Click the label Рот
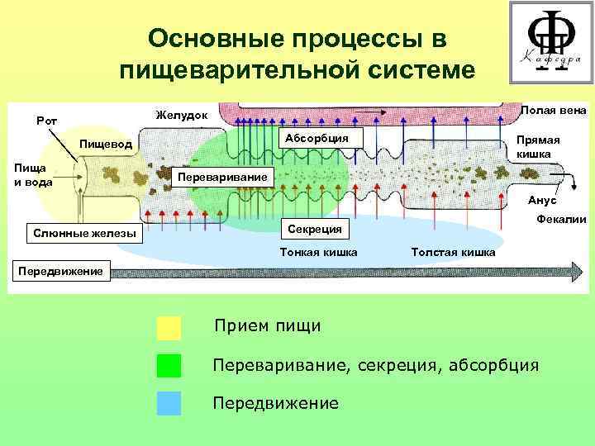tap(46, 121)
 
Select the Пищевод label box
tap(105, 145)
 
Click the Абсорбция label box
tap(317, 138)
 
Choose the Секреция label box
tap(317, 227)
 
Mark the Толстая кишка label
tap(452, 252)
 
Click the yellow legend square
tap(169, 328)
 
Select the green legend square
tap(169, 365)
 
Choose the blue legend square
tap(169, 402)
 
